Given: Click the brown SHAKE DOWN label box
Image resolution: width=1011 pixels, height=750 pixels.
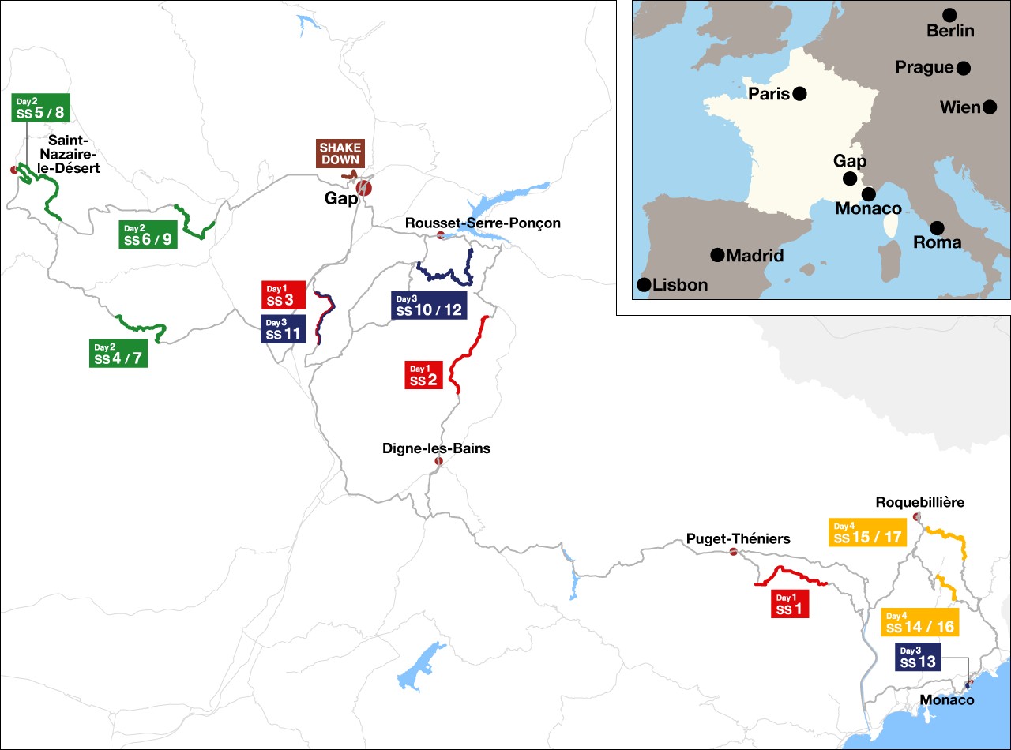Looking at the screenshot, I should [x=340, y=154].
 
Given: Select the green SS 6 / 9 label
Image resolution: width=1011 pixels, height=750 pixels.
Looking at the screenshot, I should [x=148, y=234].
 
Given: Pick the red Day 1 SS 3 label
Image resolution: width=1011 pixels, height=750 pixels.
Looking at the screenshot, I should [x=283, y=295].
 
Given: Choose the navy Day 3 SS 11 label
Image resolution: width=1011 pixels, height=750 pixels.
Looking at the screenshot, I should [x=282, y=328].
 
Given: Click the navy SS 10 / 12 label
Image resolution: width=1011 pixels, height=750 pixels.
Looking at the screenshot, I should [x=429, y=305].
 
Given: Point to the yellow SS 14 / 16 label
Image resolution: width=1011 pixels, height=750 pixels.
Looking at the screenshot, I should [x=919, y=622].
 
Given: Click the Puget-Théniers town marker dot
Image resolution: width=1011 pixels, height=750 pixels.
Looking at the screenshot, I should [x=733, y=552].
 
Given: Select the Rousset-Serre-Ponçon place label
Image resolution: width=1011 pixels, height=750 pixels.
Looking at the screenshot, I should [x=483, y=223].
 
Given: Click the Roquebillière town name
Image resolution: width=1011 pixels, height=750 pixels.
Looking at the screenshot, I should [x=920, y=502].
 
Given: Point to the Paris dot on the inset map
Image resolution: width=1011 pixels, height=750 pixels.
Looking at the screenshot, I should [x=799, y=94].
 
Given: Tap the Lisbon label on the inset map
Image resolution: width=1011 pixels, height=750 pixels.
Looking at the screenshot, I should [x=680, y=286].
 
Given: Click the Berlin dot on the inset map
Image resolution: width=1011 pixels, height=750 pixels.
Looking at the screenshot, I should [x=949, y=15].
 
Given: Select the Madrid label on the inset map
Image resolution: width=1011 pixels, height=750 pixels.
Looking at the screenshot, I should [x=754, y=256].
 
